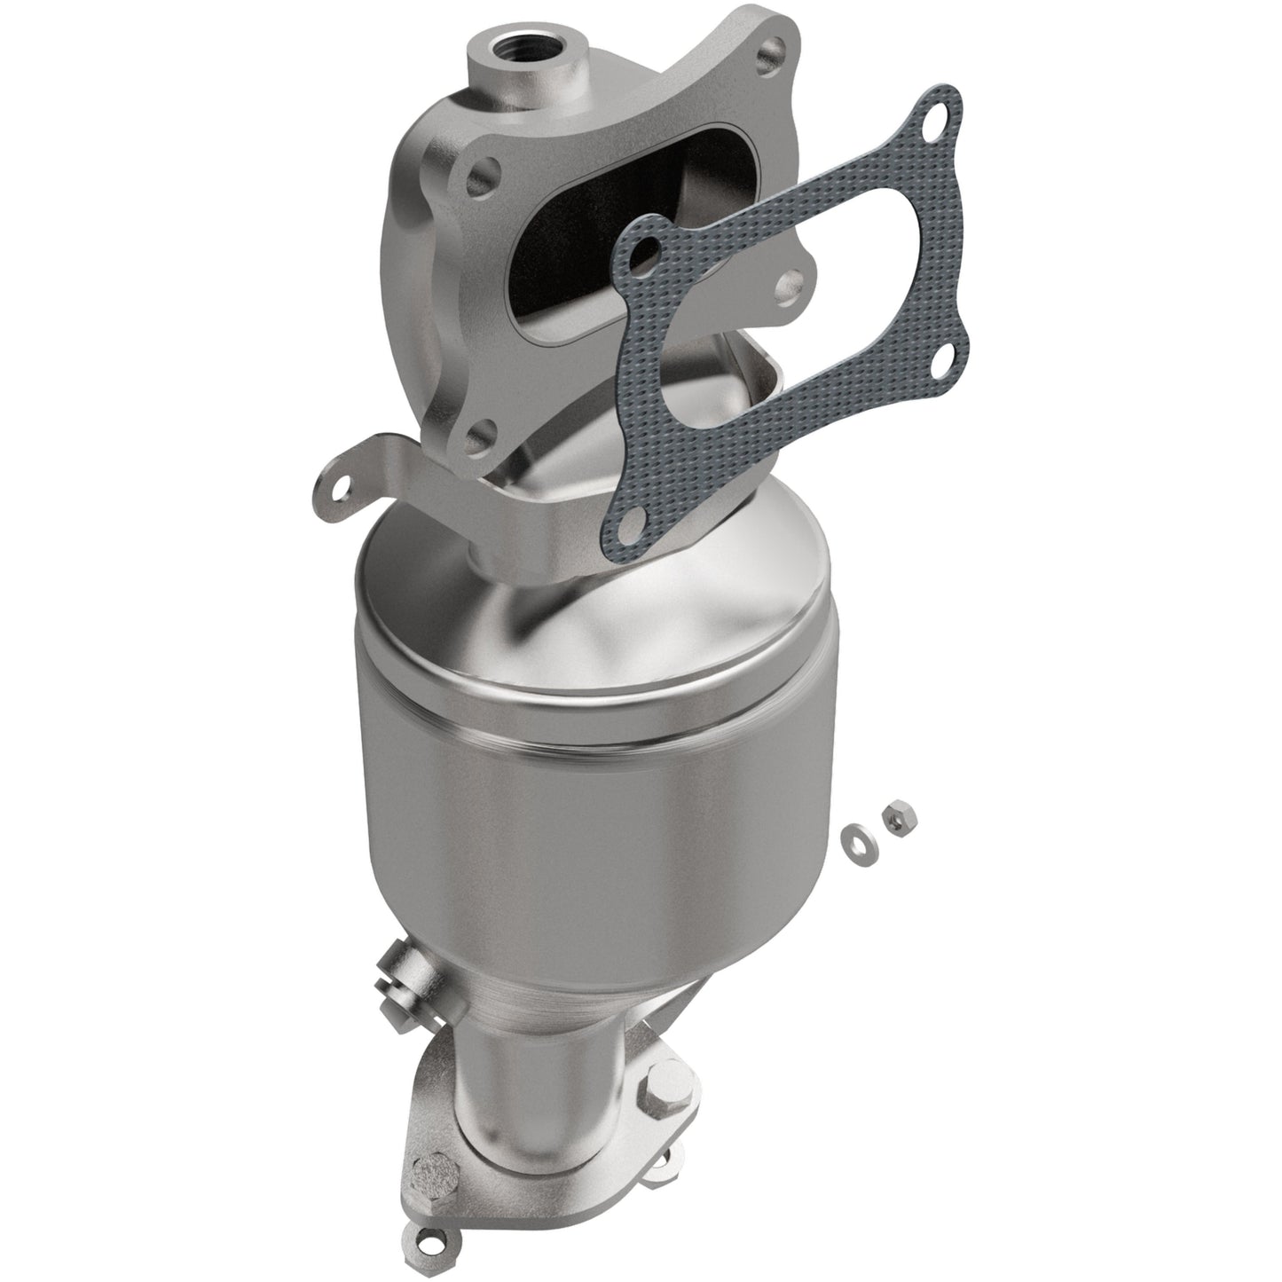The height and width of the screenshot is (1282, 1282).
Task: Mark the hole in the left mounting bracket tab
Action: (x=337, y=483)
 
